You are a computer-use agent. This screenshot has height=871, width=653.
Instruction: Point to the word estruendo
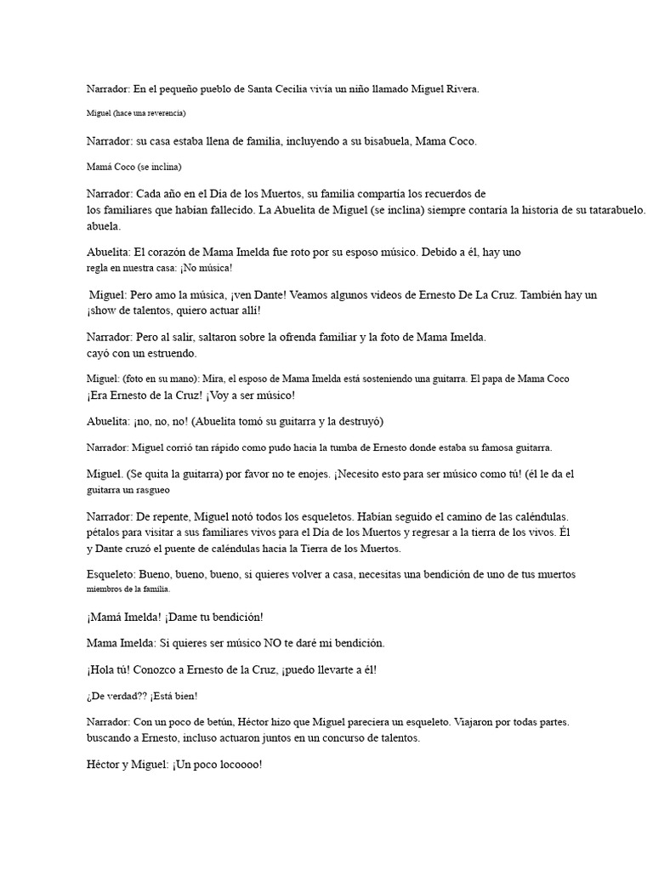click(x=168, y=352)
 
